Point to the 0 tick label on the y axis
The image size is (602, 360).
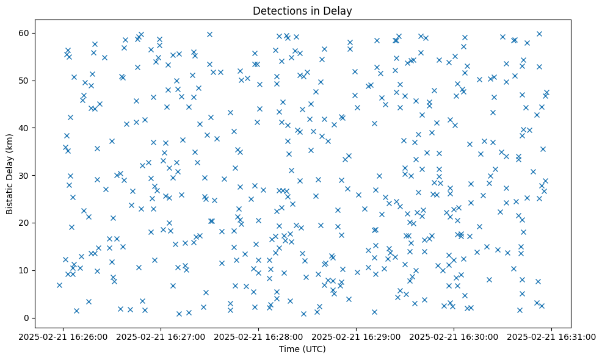point(27,318)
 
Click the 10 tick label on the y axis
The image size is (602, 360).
point(25,270)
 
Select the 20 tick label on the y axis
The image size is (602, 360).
point(25,223)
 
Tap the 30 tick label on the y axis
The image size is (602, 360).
point(25,176)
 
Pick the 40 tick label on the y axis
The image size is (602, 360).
point(25,128)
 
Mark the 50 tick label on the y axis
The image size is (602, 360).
point(25,81)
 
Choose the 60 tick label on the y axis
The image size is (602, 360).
point(25,33)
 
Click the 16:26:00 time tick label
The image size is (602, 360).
point(63,336)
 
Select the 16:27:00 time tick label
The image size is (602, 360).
point(161,336)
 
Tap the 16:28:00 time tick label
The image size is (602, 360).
point(259,336)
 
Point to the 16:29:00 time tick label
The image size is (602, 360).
point(357,336)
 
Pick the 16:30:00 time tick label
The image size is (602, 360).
point(454,336)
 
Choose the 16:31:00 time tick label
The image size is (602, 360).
point(552,336)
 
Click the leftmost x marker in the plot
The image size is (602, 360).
point(59,285)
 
